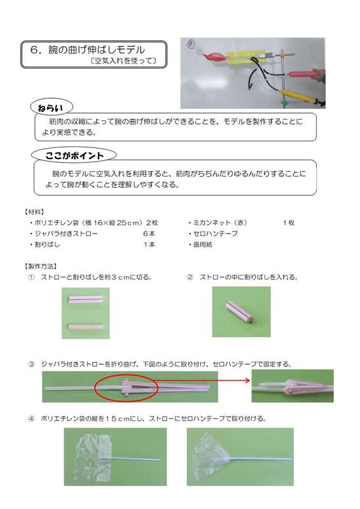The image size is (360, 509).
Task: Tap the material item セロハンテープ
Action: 212,234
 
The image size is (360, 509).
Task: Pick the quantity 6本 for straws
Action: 149,234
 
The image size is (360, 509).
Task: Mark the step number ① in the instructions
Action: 31,277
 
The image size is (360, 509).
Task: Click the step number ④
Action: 31,419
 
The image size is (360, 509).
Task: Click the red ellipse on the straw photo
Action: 123,387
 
